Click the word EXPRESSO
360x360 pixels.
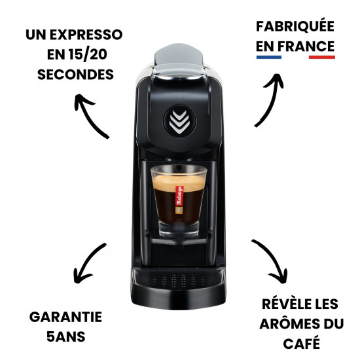point(86,35)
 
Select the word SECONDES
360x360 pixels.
point(75,75)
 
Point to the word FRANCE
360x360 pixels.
point(306,46)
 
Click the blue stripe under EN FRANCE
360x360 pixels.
point(269,57)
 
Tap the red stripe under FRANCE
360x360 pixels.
point(322,57)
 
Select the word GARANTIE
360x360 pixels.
point(65,317)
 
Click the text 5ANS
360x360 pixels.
point(66,337)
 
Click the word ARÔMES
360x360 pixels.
point(289,323)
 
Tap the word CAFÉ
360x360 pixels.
point(302,342)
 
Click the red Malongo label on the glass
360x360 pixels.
point(179,196)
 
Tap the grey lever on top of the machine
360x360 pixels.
point(179,60)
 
